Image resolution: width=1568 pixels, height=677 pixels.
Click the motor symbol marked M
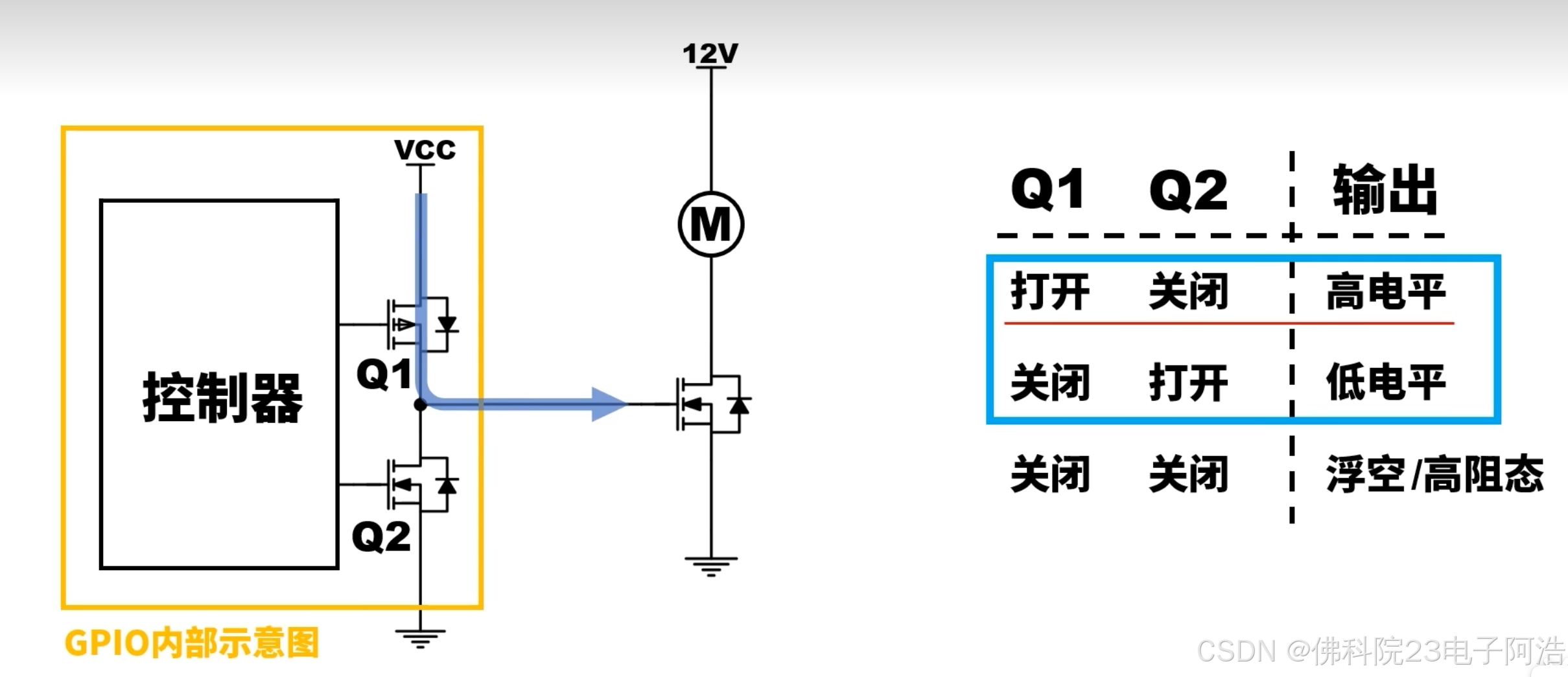pos(710,225)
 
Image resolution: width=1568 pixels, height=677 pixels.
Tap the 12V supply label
pos(710,53)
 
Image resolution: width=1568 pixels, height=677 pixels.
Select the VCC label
pos(425,150)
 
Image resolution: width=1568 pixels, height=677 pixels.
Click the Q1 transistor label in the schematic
pos(384,374)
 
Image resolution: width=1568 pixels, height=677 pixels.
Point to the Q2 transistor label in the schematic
pos(381,536)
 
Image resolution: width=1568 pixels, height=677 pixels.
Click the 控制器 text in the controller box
pos(222,397)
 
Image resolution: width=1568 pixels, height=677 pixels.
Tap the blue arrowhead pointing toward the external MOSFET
pos(608,404)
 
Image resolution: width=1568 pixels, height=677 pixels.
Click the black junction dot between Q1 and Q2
pos(420,405)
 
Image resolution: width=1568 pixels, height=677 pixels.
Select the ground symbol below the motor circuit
pos(711,566)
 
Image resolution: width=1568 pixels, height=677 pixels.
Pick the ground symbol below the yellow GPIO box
pos(420,638)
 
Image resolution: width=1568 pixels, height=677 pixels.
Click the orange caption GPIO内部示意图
pos(192,643)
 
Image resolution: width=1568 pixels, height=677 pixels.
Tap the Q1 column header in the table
pos(1048,189)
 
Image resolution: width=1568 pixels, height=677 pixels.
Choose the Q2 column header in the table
pos(1188,190)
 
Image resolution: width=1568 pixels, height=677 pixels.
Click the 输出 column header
pos(1385,189)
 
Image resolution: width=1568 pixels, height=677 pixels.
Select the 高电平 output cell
pos(1385,292)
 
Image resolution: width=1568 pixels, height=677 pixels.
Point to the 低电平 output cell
pos(1385,382)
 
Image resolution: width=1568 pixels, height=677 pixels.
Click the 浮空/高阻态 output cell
pos(1434,474)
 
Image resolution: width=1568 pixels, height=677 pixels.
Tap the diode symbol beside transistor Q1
pos(447,324)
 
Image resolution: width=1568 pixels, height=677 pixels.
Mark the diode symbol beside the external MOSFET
pos(739,405)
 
